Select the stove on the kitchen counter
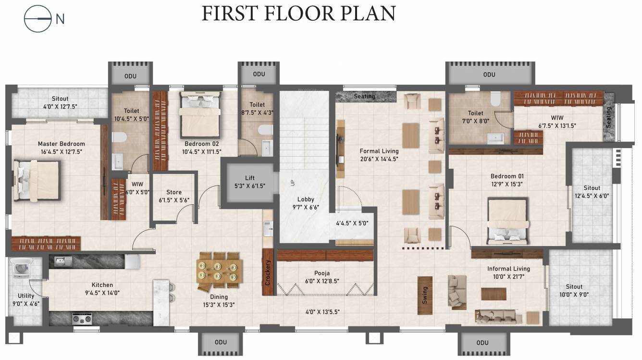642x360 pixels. tap(82, 319)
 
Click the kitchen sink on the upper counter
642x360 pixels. tap(63, 261)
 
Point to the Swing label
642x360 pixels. tap(425, 295)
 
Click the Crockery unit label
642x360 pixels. tap(268, 273)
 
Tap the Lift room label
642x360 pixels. tap(249, 178)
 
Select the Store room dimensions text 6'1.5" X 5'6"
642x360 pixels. tap(174, 200)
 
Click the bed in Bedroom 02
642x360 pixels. tap(200, 115)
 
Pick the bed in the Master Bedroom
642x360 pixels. tap(37, 180)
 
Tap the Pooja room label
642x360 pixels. tap(322, 273)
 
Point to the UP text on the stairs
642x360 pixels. tap(292, 183)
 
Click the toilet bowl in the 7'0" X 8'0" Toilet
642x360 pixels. tap(495, 99)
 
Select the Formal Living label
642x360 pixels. tap(379, 151)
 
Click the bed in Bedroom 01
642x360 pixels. tap(507, 221)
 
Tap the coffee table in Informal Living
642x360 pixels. tap(494, 294)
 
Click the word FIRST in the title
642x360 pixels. tap(229, 13)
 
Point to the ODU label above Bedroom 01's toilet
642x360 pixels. tap(489, 74)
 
